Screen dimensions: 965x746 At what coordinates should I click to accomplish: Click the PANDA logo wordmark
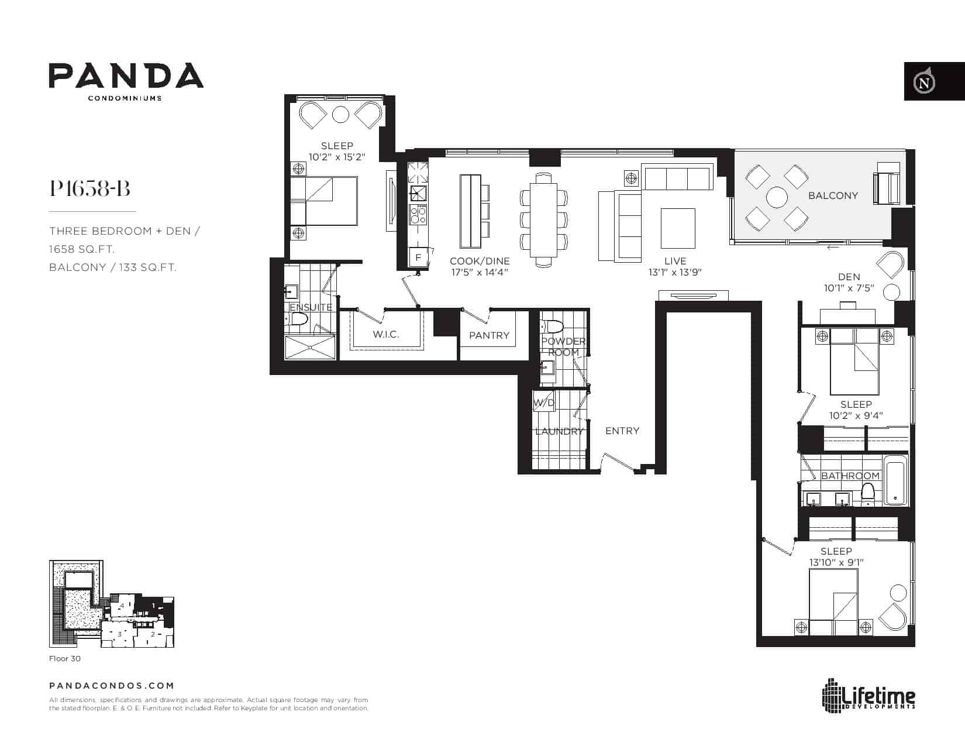pyautogui.click(x=126, y=75)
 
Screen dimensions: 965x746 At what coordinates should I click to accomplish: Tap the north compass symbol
pyautogui.click(x=924, y=82)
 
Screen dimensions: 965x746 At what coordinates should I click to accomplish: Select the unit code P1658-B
pyautogui.click(x=89, y=188)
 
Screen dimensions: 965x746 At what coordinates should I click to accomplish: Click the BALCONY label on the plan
pyautogui.click(x=833, y=195)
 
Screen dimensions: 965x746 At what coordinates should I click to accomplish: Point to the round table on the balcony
pyautogui.click(x=777, y=197)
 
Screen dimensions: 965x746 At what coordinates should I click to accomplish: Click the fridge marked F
pyautogui.click(x=418, y=257)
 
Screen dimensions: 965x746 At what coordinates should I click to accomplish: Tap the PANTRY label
pyautogui.click(x=489, y=335)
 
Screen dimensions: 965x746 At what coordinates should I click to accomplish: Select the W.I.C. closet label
pyautogui.click(x=386, y=334)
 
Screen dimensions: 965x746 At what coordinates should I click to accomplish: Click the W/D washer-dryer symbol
pyautogui.click(x=543, y=401)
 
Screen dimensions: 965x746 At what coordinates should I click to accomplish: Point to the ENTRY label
pyautogui.click(x=622, y=431)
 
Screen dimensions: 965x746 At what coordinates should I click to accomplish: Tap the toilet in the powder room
pyautogui.click(x=552, y=327)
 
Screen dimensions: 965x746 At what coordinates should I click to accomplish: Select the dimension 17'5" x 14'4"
pyautogui.click(x=480, y=273)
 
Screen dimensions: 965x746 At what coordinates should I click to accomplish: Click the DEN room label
pyautogui.click(x=849, y=277)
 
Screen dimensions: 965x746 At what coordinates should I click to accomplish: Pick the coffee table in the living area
pyautogui.click(x=678, y=228)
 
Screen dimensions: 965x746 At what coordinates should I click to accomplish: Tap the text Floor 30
pyautogui.click(x=65, y=658)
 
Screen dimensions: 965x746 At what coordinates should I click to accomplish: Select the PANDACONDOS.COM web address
pyautogui.click(x=112, y=686)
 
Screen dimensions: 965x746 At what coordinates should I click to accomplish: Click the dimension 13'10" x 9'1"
pyautogui.click(x=836, y=562)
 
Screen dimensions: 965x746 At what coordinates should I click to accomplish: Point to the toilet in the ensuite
pyautogui.click(x=298, y=319)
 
